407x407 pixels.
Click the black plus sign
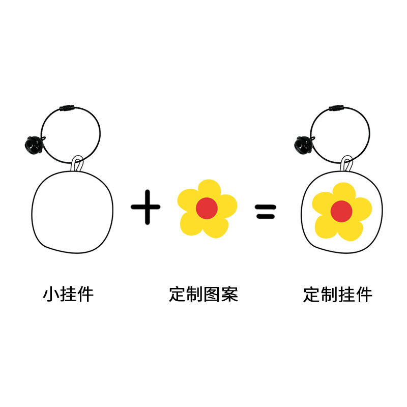[146, 207]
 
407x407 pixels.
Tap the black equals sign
[265, 211]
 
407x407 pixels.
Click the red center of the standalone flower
[207, 208]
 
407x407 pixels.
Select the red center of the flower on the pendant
[341, 211]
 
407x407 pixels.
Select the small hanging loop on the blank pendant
[77, 164]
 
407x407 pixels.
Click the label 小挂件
[68, 294]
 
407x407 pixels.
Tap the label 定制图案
[203, 294]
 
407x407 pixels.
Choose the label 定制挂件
[338, 294]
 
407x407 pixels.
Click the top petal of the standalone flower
[207, 188]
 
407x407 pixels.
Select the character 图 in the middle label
[212, 294]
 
